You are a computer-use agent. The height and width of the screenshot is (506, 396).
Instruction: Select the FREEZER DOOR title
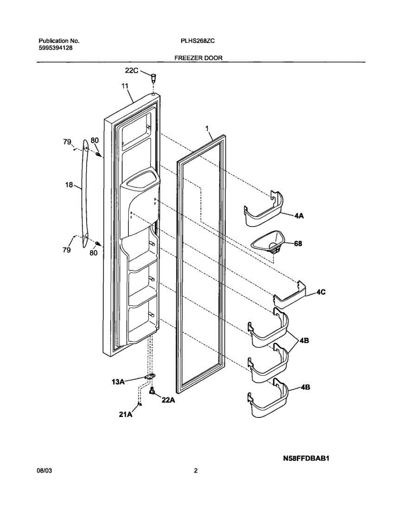coord(198,58)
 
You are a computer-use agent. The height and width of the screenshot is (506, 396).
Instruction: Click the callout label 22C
coord(131,71)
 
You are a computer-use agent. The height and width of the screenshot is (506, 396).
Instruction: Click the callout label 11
coord(125,86)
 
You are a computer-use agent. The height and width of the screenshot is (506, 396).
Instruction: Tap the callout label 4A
coord(299,215)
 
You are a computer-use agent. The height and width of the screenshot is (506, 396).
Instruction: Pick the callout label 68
coord(298,243)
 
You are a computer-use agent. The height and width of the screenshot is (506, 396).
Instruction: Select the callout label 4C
coord(322,291)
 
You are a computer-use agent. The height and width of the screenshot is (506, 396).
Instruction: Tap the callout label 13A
coord(118,382)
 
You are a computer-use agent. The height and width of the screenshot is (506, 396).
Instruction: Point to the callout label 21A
coord(125,414)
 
